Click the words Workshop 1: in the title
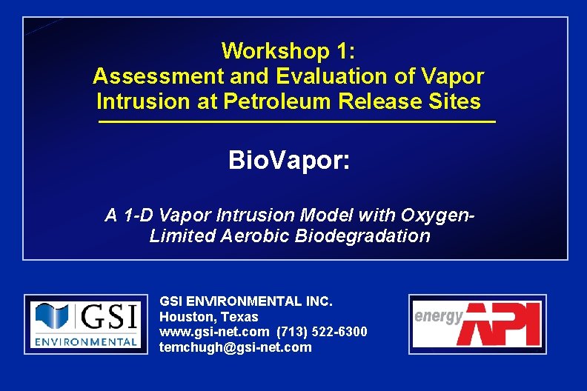288,51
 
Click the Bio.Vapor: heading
288,160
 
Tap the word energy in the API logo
439,316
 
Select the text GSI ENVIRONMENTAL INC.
246,301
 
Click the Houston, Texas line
209,317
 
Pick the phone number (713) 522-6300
322,332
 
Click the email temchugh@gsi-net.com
236,347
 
